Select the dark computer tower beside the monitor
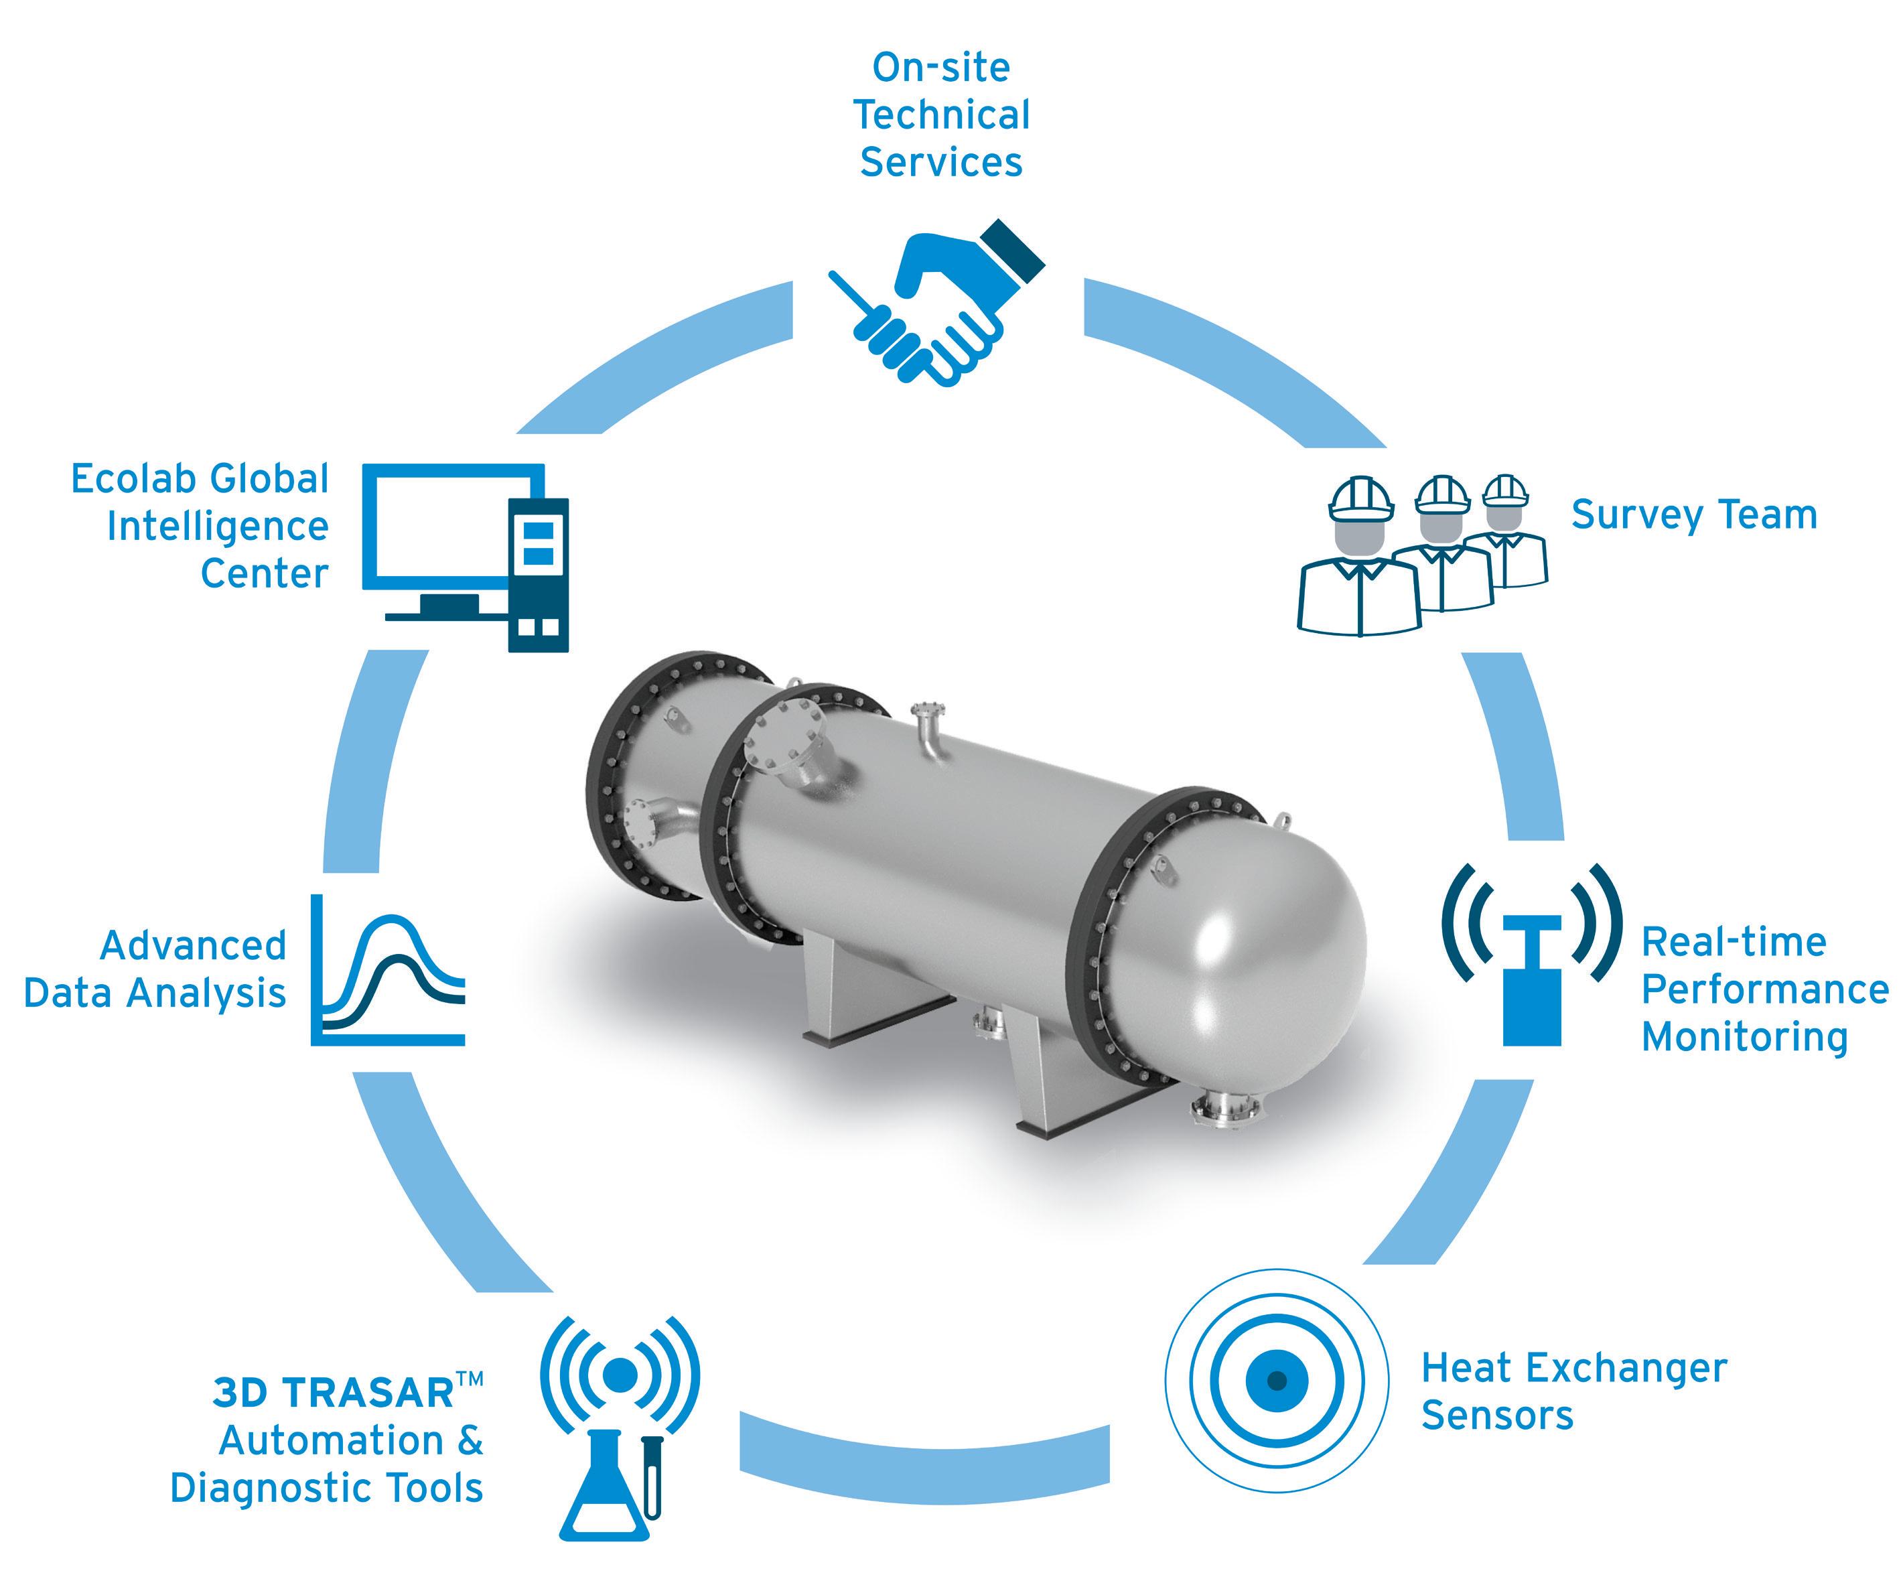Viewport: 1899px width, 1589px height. pyautogui.click(x=538, y=574)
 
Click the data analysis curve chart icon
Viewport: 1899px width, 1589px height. pyautogui.click(x=389, y=972)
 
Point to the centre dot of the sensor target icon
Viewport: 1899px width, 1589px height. pyautogui.click(x=1276, y=1380)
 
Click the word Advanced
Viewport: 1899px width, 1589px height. pyautogui.click(x=193, y=946)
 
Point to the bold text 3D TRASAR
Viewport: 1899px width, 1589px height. pyautogui.click(x=333, y=1393)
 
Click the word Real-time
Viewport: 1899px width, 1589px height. pyautogui.click(x=1734, y=943)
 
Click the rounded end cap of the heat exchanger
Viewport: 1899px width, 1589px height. pyautogui.click(x=1284, y=950)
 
